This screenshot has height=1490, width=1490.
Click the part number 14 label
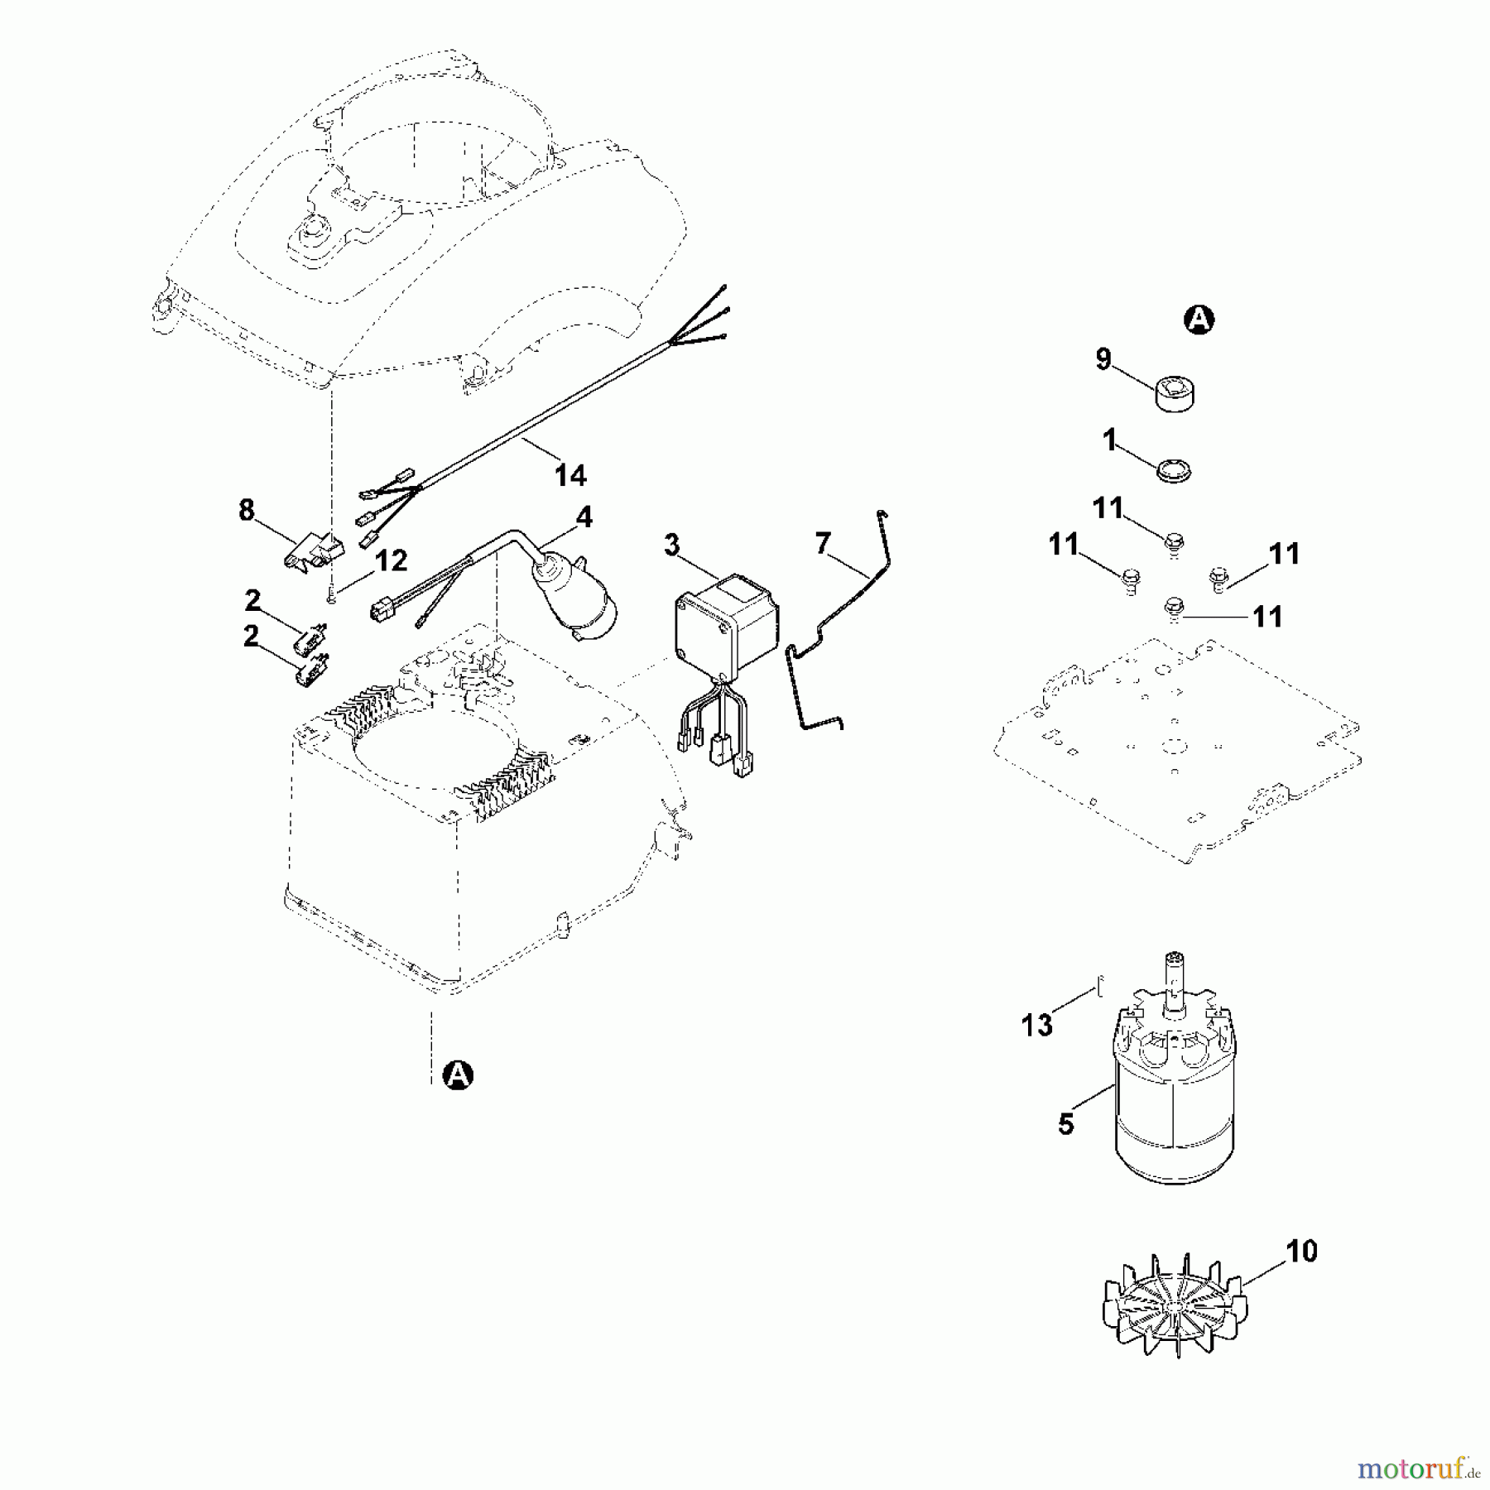pos(570,475)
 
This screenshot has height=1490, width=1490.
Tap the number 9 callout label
pos(1103,360)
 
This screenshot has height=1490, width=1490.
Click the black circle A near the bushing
pos(1199,320)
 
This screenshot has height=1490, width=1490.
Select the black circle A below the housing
pos(458,1075)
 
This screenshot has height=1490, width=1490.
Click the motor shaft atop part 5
pos(1174,977)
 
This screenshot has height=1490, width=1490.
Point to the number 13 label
pos(1036,1026)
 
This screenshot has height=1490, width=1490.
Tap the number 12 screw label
pos(391,561)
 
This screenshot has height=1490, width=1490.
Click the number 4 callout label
pos(584,518)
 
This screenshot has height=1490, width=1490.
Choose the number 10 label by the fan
pos(1302,1252)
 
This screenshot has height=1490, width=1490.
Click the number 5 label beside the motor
pos(1066,1125)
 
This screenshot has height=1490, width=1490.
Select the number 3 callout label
pos(671,546)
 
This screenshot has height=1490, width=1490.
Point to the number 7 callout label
pos(822,544)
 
